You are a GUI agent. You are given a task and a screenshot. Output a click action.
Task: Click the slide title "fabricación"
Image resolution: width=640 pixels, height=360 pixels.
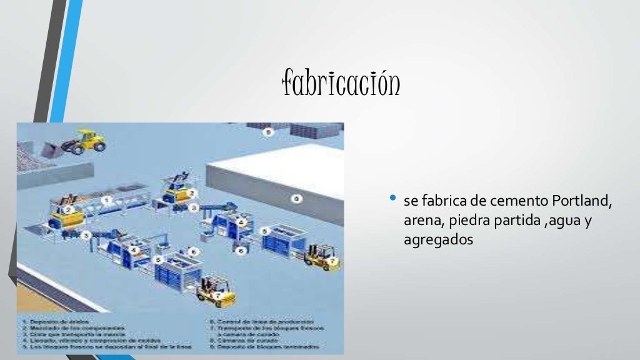point(341,84)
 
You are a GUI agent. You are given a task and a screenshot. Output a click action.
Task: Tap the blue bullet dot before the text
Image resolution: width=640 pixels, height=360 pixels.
point(392,199)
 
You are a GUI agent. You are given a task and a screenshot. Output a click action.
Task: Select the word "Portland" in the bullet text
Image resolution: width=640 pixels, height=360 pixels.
point(581,201)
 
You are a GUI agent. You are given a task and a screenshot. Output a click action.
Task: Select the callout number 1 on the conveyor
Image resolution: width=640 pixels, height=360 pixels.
point(106,199)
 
